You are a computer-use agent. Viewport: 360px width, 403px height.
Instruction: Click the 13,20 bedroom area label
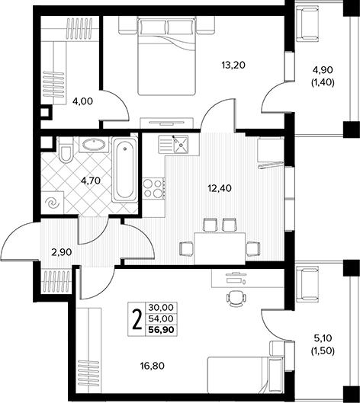pyautogui.click(x=233, y=66)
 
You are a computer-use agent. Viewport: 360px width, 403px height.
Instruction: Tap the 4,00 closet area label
pyautogui.click(x=82, y=101)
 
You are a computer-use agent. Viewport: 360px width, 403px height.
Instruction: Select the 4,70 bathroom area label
pyautogui.click(x=90, y=181)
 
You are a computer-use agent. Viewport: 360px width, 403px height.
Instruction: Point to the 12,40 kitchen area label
pyautogui.click(x=220, y=189)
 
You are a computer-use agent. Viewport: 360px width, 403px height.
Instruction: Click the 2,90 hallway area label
pyautogui.click(x=62, y=252)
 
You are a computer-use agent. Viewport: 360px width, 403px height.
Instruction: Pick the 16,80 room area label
pyautogui.click(x=153, y=366)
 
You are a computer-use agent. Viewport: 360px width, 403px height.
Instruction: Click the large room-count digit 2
pyautogui.click(x=137, y=319)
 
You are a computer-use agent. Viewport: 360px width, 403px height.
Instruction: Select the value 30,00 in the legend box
pyautogui.click(x=162, y=307)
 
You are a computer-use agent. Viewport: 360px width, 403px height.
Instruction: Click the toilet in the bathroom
pyautogui.click(x=66, y=150)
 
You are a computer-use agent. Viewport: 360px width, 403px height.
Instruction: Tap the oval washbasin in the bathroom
pyautogui.click(x=94, y=144)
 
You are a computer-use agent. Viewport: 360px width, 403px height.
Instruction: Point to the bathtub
pyautogui.click(x=125, y=169)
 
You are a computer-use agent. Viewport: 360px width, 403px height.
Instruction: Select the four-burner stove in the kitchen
pyautogui.click(x=153, y=189)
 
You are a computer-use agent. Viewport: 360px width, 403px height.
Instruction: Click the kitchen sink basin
pyautogui.click(x=181, y=145)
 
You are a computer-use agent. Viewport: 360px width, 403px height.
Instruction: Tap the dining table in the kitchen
pyautogui.click(x=220, y=248)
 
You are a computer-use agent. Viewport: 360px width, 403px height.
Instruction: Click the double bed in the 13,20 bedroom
pyautogui.click(x=166, y=56)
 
